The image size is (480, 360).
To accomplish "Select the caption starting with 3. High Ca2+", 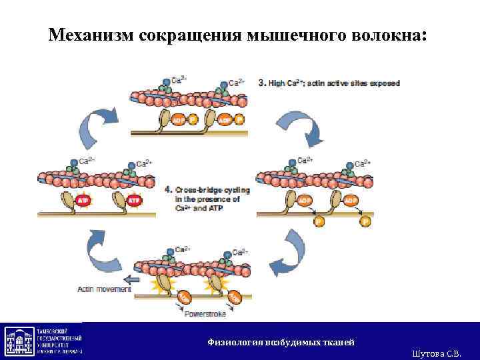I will click(x=329, y=83).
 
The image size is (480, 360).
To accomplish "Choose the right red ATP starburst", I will click(x=133, y=199).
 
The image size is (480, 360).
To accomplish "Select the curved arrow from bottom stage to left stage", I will click(x=107, y=250).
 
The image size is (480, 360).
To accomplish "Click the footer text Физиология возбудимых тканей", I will click(x=281, y=342).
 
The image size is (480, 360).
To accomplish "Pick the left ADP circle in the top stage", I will click(x=178, y=120).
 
